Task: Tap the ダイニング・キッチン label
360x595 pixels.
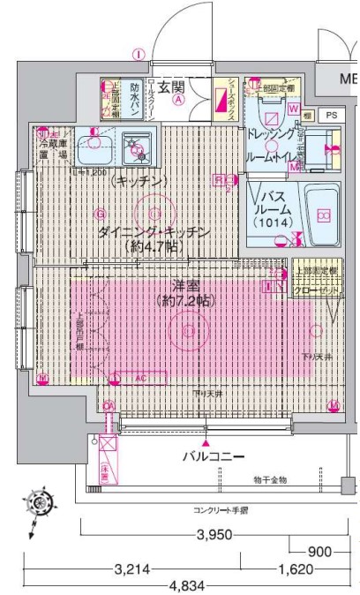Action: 153,232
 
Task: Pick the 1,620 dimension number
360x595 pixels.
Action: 297,569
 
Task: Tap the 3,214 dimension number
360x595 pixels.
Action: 132,569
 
